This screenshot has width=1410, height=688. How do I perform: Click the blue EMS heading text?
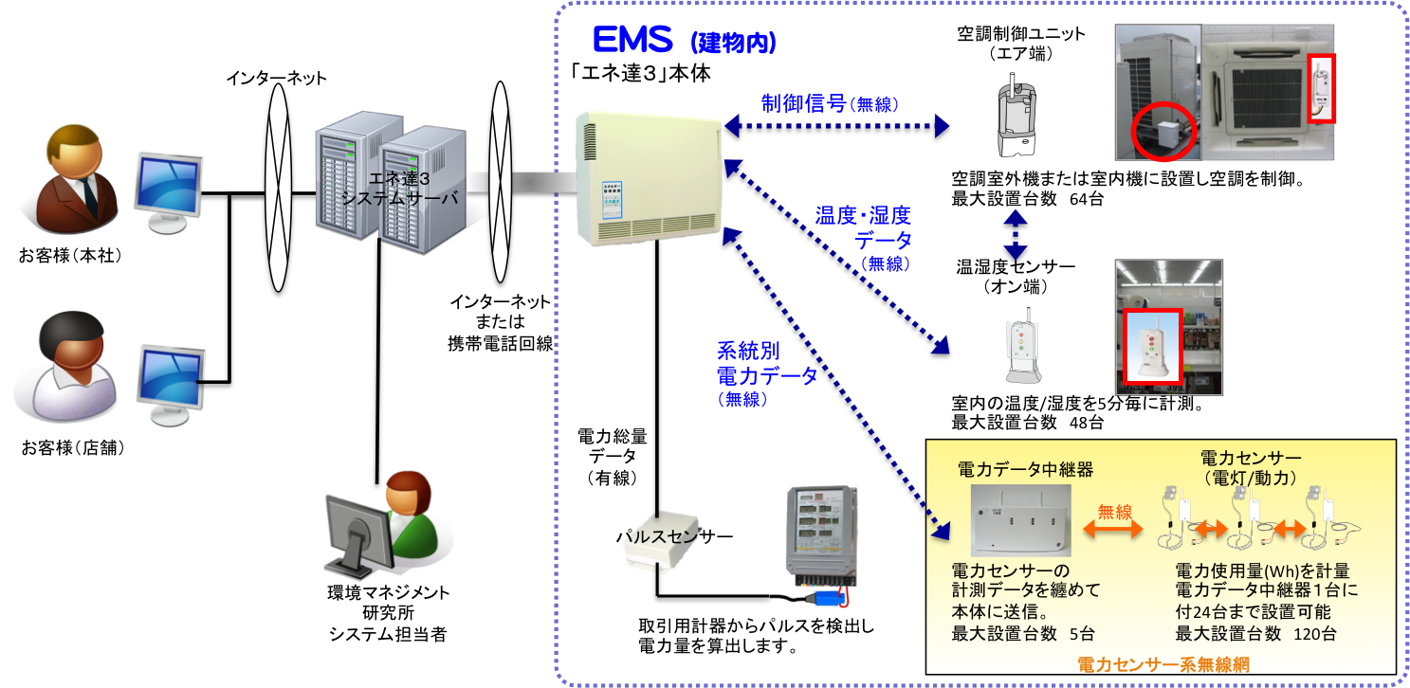pyautogui.click(x=632, y=41)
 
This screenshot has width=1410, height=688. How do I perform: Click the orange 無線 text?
pyautogui.click(x=1114, y=512)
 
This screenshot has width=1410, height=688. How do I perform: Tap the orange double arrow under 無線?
pyautogui.click(x=1113, y=531)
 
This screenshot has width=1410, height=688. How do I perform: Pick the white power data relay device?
pyautogui.click(x=1022, y=519)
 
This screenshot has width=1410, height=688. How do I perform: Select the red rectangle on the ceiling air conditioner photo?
pyautogui.click(x=1321, y=88)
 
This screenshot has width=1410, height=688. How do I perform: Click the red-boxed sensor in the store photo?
pyautogui.click(x=1152, y=347)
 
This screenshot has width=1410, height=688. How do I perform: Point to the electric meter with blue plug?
pyautogui.click(x=813, y=545)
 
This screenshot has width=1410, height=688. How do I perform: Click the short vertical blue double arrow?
pyautogui.click(x=1016, y=234)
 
